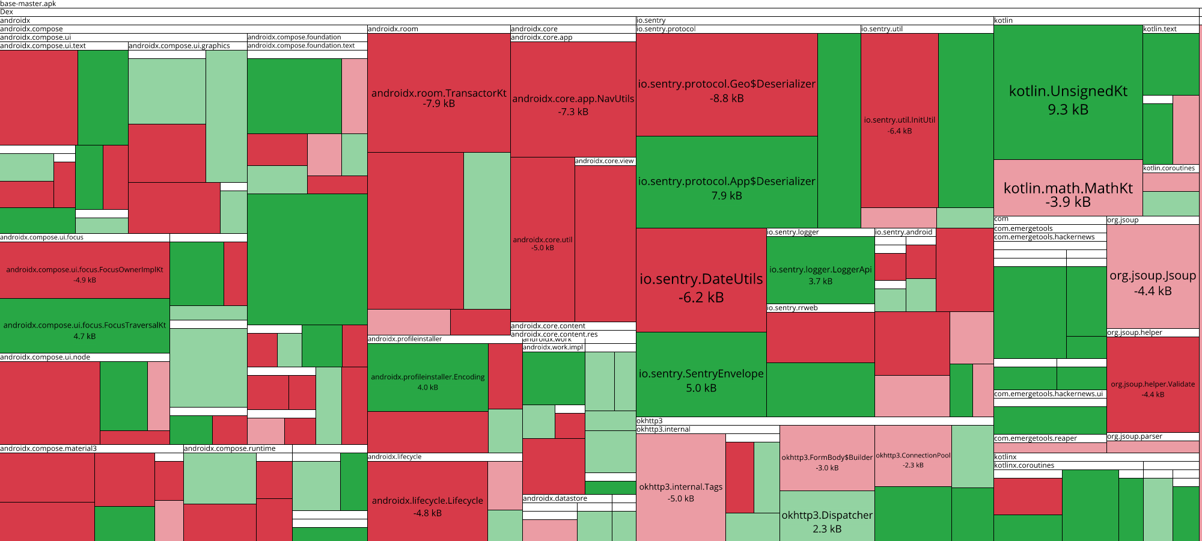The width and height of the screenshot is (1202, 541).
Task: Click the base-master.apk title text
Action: pyautogui.click(x=28, y=4)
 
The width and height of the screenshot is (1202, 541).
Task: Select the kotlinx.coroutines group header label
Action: pyautogui.click(x=1024, y=465)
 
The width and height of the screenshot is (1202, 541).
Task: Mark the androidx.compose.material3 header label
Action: pyautogui.click(x=48, y=448)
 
